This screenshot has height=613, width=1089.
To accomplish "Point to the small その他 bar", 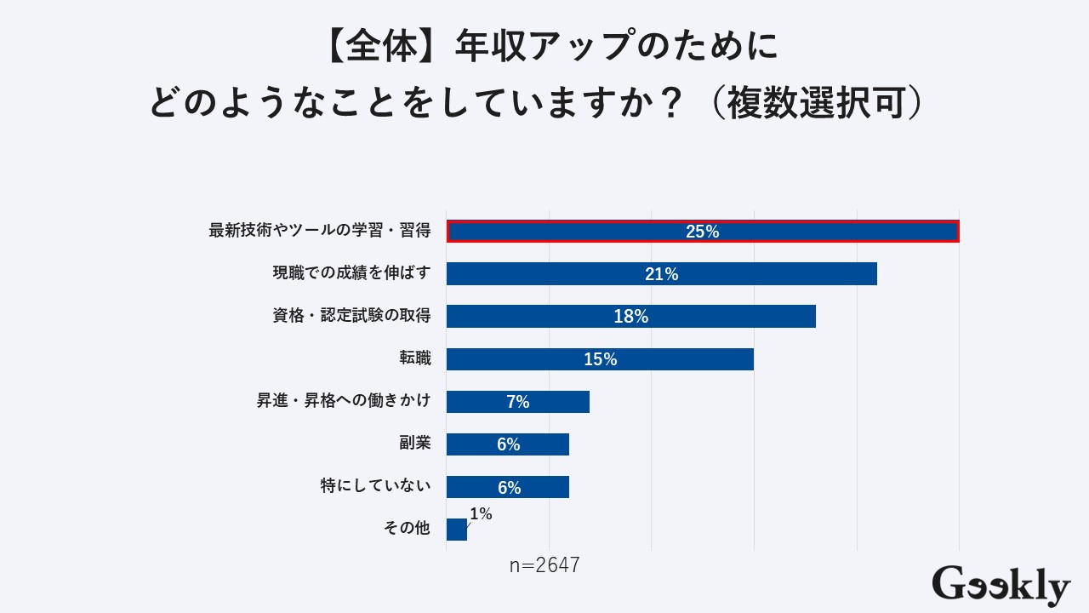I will [456, 530].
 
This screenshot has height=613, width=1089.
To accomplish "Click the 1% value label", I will [481, 513].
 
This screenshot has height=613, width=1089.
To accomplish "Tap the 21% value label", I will [661, 274].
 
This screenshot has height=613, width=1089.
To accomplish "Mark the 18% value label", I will [631, 317].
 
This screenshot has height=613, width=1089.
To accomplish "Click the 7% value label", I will [518, 402].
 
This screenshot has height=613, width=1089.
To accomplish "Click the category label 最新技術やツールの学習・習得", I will [320, 231].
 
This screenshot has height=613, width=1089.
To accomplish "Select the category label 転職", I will [415, 358].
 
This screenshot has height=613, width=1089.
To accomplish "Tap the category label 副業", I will [415, 444].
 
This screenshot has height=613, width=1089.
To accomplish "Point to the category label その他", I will [408, 529].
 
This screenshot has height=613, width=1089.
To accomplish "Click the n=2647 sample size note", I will [544, 565].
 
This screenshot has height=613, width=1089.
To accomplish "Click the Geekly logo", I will [1001, 586].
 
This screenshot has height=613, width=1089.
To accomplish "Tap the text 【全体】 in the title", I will [382, 48].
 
